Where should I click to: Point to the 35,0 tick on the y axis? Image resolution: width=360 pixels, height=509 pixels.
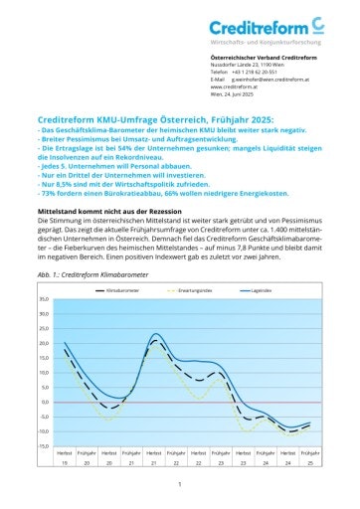point(43,298)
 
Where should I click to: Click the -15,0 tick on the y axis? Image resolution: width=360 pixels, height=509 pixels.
point(43,445)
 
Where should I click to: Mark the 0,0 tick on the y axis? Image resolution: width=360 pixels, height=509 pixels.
point(45,403)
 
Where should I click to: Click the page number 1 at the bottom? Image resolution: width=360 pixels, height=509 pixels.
point(179,484)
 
